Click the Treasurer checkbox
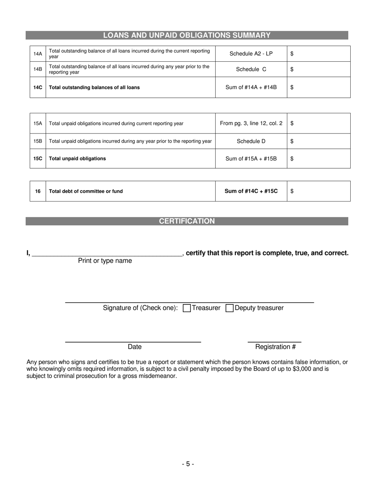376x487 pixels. click(187, 308)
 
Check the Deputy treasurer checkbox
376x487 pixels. click(229, 308)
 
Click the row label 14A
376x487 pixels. click(38, 53)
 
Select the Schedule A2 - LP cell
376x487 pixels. click(251, 53)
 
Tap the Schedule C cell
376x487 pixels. click(251, 69)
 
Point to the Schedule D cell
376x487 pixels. click(251, 141)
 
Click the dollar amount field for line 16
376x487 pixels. click(319, 191)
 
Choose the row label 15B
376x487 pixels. click(38, 141)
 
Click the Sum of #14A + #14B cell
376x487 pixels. click(251, 87)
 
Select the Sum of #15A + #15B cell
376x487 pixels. click(251, 158)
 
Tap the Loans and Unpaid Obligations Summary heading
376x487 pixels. click(187, 35)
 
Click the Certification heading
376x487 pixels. click(187, 221)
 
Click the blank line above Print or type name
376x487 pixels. click(106, 254)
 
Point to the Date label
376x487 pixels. click(135, 347)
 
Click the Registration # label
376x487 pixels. click(275, 347)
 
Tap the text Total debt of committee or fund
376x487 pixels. click(86, 191)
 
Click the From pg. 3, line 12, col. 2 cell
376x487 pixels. click(251, 123)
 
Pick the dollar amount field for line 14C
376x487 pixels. click(319, 87)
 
